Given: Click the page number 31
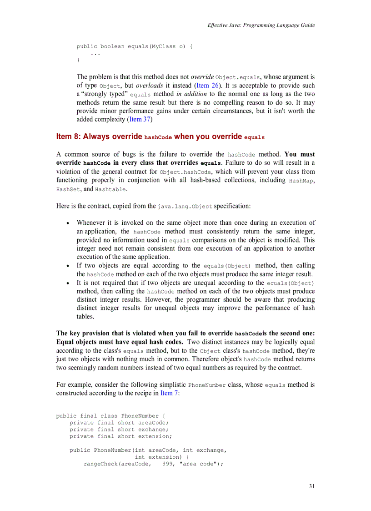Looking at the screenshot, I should click(311, 486).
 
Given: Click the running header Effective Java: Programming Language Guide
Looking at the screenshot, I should click(261, 25).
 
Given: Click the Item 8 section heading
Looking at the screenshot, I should click(160, 137).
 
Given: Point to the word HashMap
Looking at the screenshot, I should click(301, 181).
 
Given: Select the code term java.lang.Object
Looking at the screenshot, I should click(185, 207).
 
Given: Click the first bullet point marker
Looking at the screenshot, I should click(68, 223).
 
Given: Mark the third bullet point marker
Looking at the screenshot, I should click(68, 283).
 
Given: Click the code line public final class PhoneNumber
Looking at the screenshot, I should click(110, 416).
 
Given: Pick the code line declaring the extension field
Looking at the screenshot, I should click(120, 436).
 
